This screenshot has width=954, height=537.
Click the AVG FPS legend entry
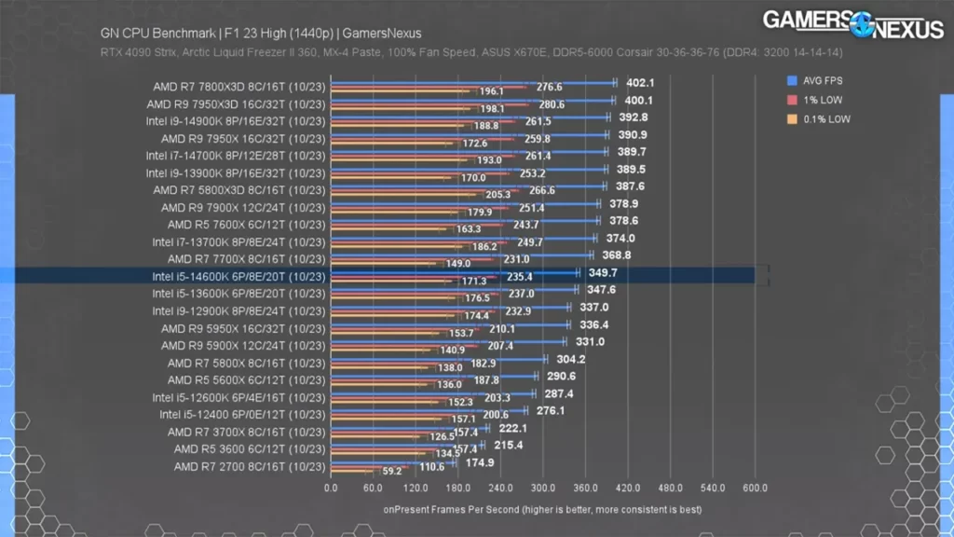pyautogui.click(x=817, y=80)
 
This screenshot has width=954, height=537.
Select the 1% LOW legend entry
pyautogui.click(x=815, y=100)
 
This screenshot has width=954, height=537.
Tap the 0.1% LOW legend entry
pyautogui.click(x=818, y=119)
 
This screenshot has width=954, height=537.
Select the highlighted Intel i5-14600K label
pyautogui.click(x=238, y=276)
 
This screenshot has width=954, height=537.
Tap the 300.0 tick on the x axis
pyautogui.click(x=542, y=488)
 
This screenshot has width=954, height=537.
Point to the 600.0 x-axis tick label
pyautogui.click(x=754, y=488)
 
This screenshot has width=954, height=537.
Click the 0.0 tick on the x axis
pyautogui.click(x=331, y=488)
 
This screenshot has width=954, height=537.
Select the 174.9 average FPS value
pyautogui.click(x=480, y=462)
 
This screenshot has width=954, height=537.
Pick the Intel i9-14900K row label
pyautogui.click(x=236, y=121)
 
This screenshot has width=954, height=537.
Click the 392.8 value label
pyautogui.click(x=633, y=117)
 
